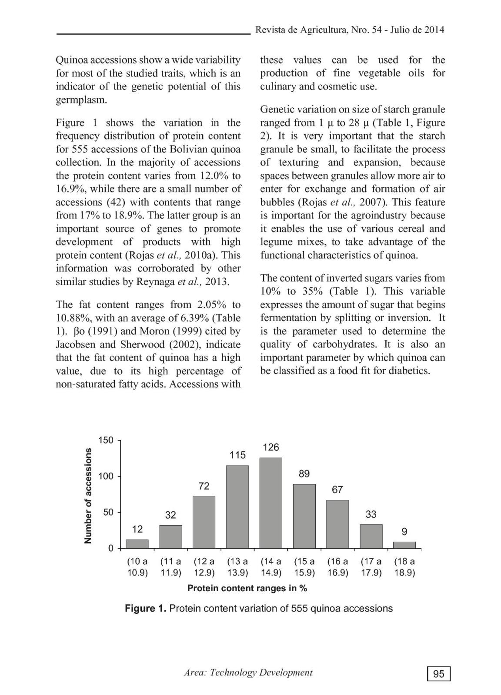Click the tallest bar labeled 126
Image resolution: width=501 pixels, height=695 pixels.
click(271, 503)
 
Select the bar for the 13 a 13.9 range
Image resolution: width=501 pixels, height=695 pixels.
click(237, 506)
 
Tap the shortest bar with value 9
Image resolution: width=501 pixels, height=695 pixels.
click(404, 545)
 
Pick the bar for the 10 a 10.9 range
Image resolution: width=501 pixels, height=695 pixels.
click(137, 544)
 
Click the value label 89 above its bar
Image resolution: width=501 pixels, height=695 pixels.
click(304, 474)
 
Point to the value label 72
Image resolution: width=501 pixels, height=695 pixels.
click(204, 486)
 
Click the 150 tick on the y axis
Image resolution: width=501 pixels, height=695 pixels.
click(106, 440)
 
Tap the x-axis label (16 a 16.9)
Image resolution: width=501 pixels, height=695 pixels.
click(337, 567)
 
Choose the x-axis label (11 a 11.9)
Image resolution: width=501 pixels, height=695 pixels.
click(170, 567)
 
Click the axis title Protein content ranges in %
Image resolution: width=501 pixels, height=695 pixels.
click(247, 589)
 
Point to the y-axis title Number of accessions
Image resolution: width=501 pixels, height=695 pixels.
click(88, 495)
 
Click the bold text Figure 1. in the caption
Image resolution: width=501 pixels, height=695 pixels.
click(145, 609)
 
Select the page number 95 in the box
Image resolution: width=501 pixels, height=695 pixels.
click(439, 674)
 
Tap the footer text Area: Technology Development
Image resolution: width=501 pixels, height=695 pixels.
click(248, 673)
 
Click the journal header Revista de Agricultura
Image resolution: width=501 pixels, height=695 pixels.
click(301, 30)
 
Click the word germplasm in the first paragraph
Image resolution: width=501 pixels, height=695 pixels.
click(81, 100)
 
